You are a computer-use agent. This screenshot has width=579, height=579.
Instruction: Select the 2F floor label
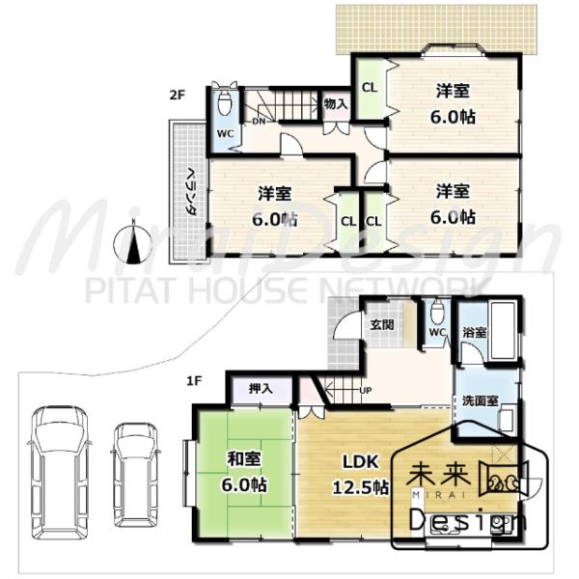pos(177,95)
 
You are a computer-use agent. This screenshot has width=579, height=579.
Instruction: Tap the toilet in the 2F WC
pos(225,102)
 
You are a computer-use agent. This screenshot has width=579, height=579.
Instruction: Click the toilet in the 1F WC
pos(437,314)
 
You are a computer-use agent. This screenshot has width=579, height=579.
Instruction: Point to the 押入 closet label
pos(260,389)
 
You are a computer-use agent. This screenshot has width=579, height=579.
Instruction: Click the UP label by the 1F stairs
pos(366,390)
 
